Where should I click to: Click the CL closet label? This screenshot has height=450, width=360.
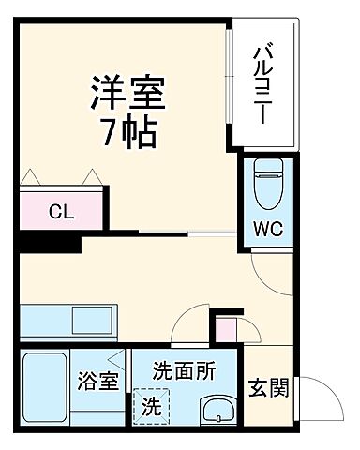coord(61,210)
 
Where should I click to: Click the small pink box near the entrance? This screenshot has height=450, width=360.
coord(227,330)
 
